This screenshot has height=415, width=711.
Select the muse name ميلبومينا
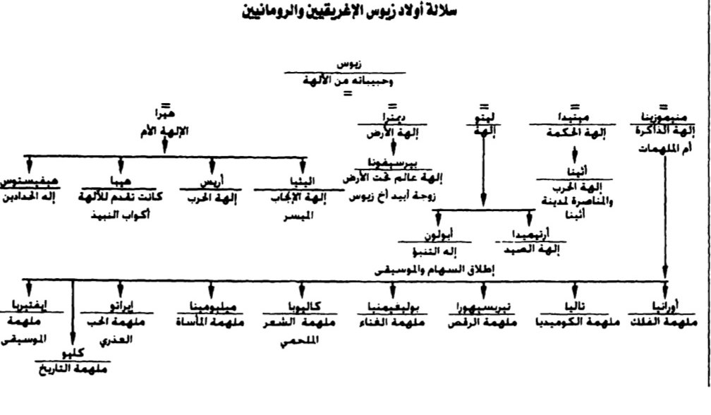pyautogui.click(x=212, y=307)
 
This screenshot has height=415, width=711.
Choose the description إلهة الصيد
pyautogui.click(x=530, y=248)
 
